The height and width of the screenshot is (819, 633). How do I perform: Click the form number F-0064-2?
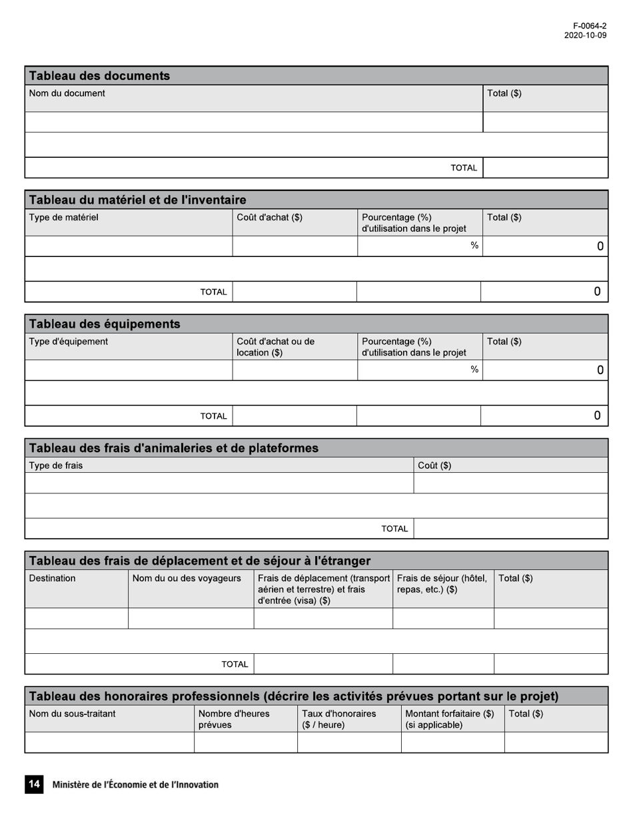point(590,26)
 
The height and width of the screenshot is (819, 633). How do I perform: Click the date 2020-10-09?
point(585,36)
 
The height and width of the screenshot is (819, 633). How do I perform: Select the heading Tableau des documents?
point(99,76)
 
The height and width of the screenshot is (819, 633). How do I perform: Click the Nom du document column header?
point(67,94)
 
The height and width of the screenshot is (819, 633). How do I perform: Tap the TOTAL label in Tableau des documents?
point(464,168)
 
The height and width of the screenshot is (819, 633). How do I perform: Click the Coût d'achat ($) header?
point(270,218)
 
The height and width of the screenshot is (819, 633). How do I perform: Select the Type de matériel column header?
point(64,218)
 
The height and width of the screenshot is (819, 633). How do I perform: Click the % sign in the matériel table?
point(474,246)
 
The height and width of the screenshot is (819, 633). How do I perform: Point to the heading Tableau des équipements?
point(105,324)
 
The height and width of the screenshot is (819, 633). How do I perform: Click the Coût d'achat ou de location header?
point(276,347)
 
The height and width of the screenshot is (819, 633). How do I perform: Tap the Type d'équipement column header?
point(69,342)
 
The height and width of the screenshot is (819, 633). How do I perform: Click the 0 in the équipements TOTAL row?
point(597,415)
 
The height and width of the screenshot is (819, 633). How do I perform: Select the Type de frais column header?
point(56,465)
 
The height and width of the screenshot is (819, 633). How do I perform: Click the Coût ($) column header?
point(434,465)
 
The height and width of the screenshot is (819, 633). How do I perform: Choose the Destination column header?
point(53,579)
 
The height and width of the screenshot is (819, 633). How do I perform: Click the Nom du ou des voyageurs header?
point(187,579)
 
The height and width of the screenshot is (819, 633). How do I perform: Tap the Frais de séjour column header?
point(442,584)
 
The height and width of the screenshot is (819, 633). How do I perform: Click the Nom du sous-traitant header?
point(73,714)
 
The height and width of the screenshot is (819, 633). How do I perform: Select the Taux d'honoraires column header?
point(338,719)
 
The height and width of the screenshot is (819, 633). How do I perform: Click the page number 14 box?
point(33,784)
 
